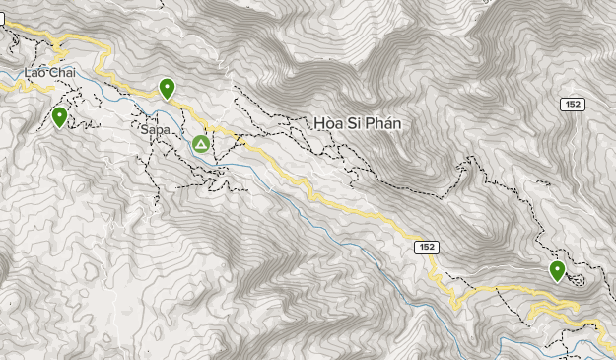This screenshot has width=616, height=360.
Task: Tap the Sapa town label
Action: pyautogui.click(x=157, y=129)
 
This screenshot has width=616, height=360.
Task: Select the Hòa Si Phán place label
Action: pyautogui.click(x=359, y=123)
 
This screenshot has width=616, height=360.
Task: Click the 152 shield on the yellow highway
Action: pyautogui.click(x=426, y=246)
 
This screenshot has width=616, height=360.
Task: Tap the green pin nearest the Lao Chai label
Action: pyautogui.click(x=60, y=117)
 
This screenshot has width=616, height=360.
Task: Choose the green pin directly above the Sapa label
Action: pyautogui.click(x=168, y=89)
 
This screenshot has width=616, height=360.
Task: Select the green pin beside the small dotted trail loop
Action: pyautogui.click(x=557, y=270)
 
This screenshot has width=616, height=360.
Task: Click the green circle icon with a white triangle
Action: pyautogui.click(x=201, y=145)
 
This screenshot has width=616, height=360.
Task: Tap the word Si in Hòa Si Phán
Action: pyautogui.click(x=356, y=123)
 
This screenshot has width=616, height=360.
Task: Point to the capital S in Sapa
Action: pyautogui.click(x=146, y=129)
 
